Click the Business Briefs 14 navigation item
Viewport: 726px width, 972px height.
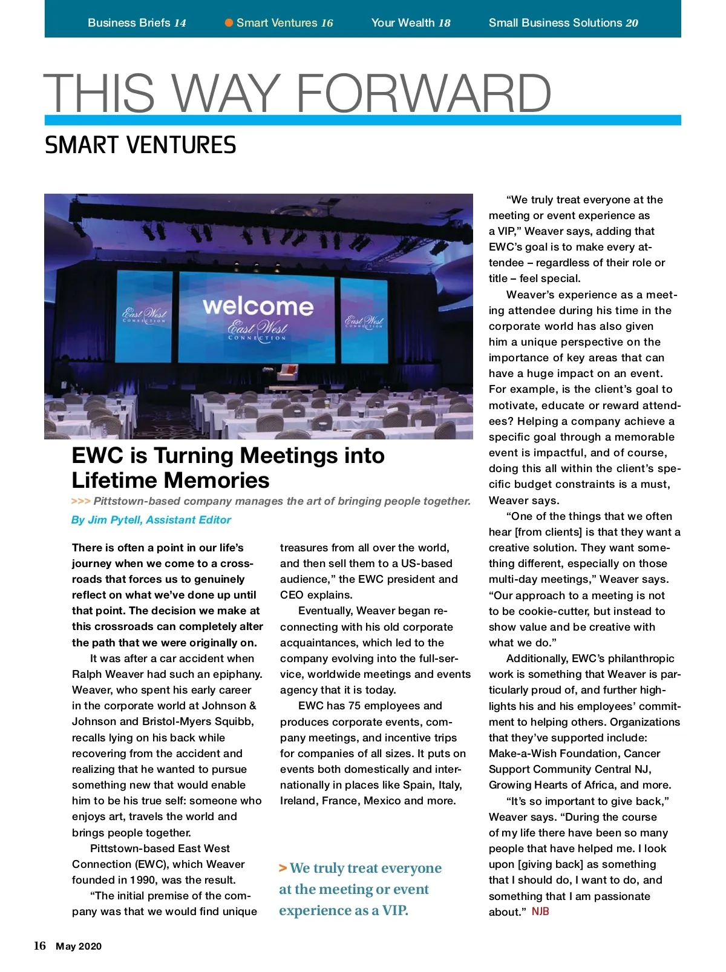point(137,23)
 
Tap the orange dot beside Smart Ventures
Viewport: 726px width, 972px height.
point(229,23)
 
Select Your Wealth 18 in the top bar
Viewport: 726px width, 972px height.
point(410,23)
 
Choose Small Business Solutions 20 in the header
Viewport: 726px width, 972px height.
point(563,23)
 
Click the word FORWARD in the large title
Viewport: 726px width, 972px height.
point(423,93)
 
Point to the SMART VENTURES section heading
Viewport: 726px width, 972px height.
point(140,145)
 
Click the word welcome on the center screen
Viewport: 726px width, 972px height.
point(258,306)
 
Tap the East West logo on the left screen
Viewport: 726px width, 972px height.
point(144,315)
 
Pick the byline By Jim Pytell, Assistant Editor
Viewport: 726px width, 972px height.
point(151,520)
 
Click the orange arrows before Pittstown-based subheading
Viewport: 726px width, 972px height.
point(80,501)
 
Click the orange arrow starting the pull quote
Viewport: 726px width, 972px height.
point(283,869)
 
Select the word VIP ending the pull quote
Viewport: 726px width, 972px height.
point(394,910)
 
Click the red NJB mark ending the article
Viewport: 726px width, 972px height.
point(540,911)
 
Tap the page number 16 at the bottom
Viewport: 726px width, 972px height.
point(40,946)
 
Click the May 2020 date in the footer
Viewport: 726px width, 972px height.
point(79,947)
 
